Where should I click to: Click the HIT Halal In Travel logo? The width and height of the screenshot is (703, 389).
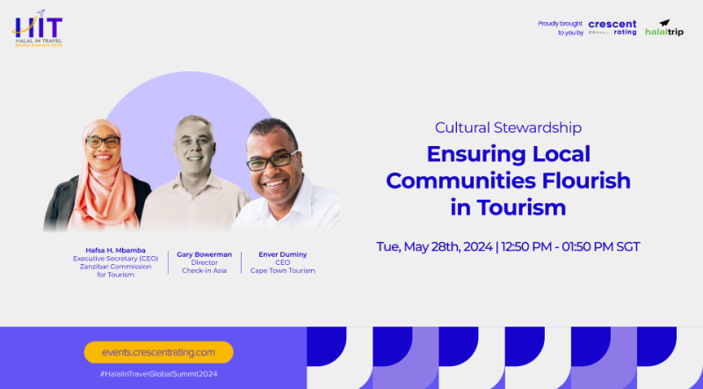point(38,29)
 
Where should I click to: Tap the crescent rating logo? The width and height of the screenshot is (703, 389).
point(612,27)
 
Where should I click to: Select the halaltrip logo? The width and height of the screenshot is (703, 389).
point(664,28)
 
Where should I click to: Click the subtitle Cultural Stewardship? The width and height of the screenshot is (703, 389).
point(508,128)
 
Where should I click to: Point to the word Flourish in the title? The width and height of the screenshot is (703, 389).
point(586,180)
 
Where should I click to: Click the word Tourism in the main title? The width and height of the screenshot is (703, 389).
point(521,208)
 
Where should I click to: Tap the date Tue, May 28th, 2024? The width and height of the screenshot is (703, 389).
point(434,247)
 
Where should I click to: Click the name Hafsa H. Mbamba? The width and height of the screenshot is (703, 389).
point(116,250)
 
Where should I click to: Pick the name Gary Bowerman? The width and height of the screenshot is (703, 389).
point(205,254)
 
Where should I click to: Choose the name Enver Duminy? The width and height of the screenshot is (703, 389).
point(283,254)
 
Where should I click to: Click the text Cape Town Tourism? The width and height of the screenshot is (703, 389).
point(283,270)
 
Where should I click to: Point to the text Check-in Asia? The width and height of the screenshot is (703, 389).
point(205,270)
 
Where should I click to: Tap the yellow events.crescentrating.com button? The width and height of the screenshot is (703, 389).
point(159,352)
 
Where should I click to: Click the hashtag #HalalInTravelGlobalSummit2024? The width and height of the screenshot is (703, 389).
point(159,374)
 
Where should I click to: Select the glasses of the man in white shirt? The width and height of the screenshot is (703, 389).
point(272,161)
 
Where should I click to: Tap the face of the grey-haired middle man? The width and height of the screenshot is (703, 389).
point(194,144)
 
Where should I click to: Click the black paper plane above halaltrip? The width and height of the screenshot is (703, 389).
point(664,23)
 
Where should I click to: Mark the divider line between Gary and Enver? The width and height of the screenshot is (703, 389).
point(241,262)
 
